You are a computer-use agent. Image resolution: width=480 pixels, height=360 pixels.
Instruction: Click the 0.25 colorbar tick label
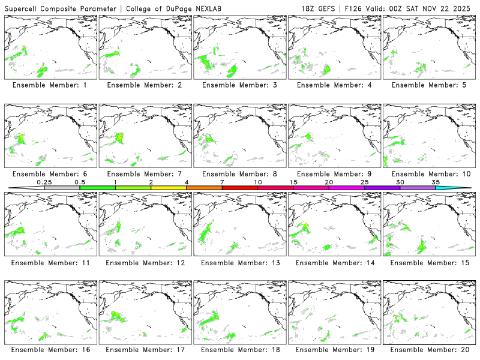pos(44,181)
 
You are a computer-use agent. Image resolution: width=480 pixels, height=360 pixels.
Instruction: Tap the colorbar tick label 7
pos(222,181)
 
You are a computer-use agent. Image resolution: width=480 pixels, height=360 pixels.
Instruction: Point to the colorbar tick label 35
pos(436,181)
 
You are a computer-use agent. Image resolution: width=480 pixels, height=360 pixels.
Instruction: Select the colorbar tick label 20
pos(329,181)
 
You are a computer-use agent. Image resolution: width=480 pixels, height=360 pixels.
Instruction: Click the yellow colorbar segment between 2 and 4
pos(169,188)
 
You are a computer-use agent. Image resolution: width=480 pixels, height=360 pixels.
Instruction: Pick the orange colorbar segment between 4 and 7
pos(204,188)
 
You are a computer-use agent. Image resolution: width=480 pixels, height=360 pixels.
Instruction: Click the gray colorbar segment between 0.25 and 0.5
pos(62,188)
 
